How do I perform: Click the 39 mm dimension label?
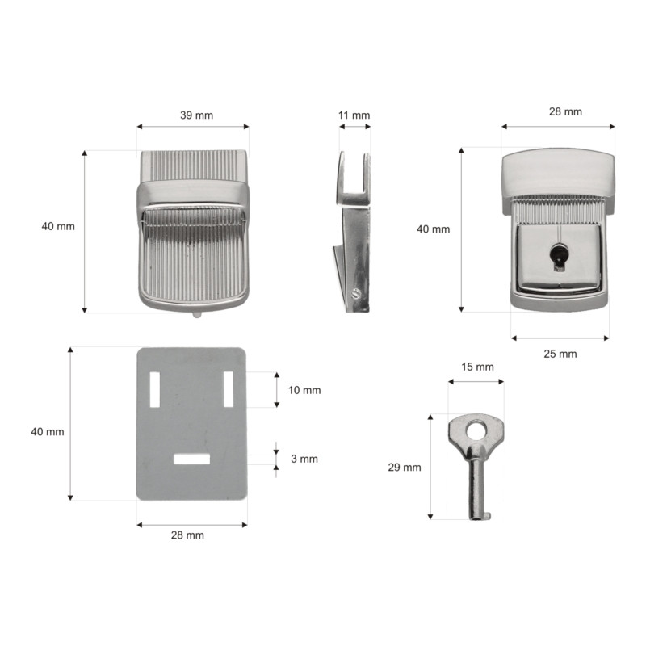[196, 115]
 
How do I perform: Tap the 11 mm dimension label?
[354, 115]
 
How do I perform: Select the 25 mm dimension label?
[560, 354]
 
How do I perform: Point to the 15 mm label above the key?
[477, 367]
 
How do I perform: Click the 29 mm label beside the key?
[405, 468]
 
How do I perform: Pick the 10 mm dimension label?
[304, 390]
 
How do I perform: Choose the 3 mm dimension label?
[304, 459]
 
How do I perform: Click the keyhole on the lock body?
[558, 257]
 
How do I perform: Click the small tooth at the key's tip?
[488, 515]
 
